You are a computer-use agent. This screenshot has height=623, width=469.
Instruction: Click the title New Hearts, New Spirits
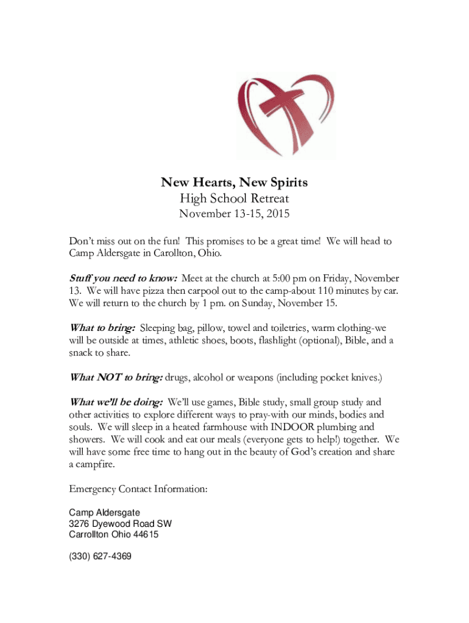pos(234,182)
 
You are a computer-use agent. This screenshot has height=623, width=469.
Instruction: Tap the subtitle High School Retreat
pos(234,198)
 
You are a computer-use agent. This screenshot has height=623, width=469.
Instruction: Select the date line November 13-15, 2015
pos(234,214)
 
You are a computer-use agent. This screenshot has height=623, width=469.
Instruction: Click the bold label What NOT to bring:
pos(116,377)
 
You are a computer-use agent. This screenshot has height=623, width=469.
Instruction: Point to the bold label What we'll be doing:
pos(116,402)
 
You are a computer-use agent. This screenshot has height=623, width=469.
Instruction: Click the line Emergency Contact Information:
pos(138,489)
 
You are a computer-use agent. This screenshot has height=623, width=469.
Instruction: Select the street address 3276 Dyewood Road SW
pos(120,524)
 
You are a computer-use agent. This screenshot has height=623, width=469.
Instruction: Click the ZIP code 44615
pos(146,535)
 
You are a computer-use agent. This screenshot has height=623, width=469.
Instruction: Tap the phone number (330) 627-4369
pos(100,557)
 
